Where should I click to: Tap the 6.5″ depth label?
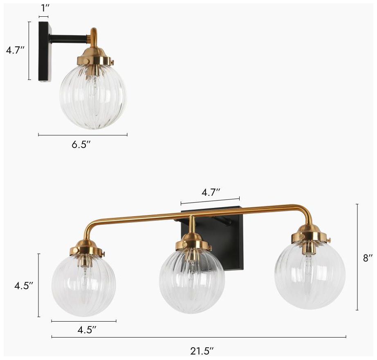[81, 145]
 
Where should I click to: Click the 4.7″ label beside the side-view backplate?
[15, 51]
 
